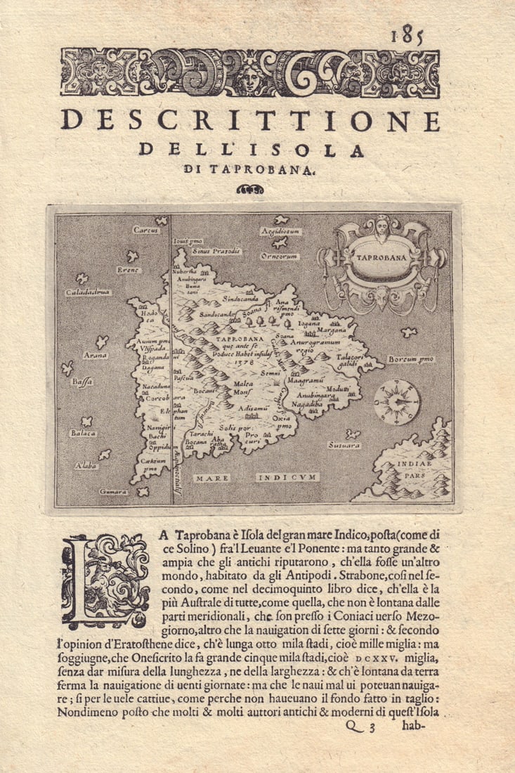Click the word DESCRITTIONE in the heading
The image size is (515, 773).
250,120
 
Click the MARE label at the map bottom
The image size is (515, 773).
212,478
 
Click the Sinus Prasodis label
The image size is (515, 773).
216,251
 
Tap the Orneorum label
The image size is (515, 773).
280,256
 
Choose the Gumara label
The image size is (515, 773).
113,491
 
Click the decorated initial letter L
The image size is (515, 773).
105,580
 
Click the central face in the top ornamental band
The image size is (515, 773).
251,74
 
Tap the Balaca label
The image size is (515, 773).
83,434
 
